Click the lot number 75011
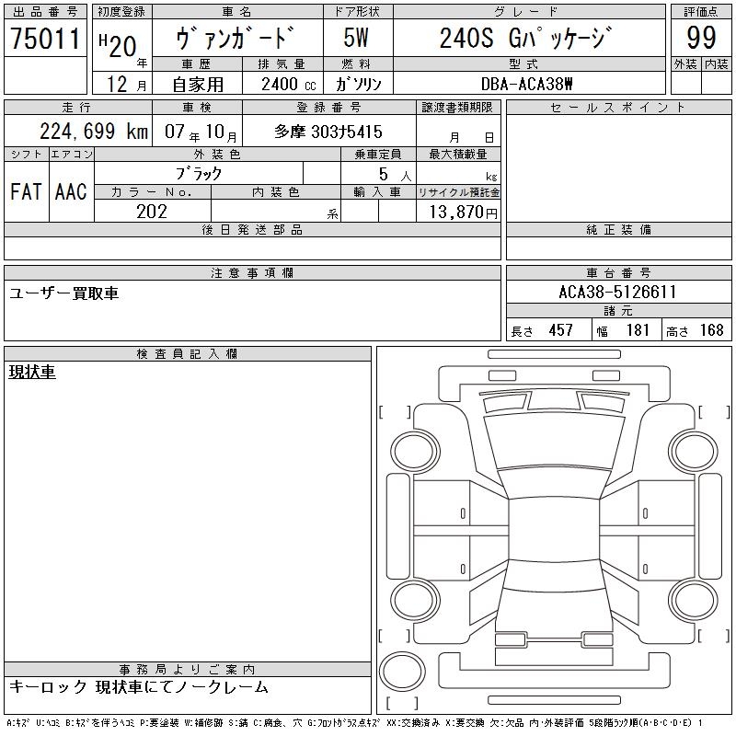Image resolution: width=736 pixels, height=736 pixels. [45, 38]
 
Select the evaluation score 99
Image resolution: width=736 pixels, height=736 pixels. [701, 38]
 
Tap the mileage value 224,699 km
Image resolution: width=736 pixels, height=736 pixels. [94, 131]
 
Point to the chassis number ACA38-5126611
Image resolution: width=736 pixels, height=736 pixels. [617, 292]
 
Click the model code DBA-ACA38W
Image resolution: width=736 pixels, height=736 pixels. [526, 84]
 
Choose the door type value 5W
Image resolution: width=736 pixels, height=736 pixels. [356, 38]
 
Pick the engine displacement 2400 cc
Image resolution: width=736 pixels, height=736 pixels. [289, 85]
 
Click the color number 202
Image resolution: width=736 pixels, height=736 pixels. [152, 212]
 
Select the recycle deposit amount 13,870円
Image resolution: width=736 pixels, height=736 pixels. [464, 213]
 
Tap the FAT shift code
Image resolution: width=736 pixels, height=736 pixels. [27, 191]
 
